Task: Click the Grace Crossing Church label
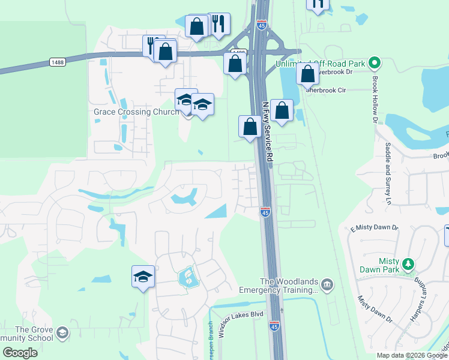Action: (136, 112)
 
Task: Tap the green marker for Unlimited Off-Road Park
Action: (374, 62)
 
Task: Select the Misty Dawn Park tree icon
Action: (408, 264)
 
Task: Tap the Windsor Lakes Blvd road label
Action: (241, 322)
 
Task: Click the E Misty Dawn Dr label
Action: (375, 228)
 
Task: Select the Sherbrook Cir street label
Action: (327, 90)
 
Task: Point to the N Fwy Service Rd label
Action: (268, 130)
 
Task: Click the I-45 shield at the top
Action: (261, 25)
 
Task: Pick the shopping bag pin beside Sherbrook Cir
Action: (307, 75)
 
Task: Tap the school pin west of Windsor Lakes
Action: (143, 277)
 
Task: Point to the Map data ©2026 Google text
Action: (411, 355)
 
